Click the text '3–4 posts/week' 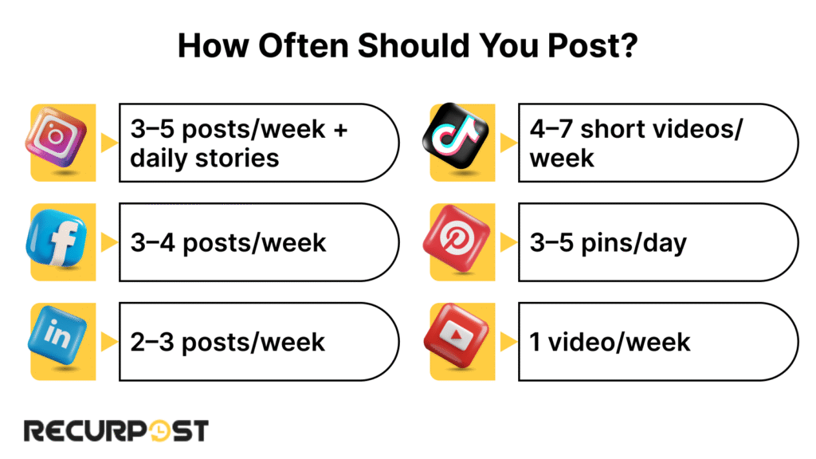point(229,242)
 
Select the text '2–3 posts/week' point(228,342)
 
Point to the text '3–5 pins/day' point(608,242)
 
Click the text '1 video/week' point(610,342)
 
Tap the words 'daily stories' point(205,158)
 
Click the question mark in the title point(627,46)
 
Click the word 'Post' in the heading point(579,46)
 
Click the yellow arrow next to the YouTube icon point(507,342)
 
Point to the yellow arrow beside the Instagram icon point(108,143)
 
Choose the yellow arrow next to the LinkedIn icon point(108,342)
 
